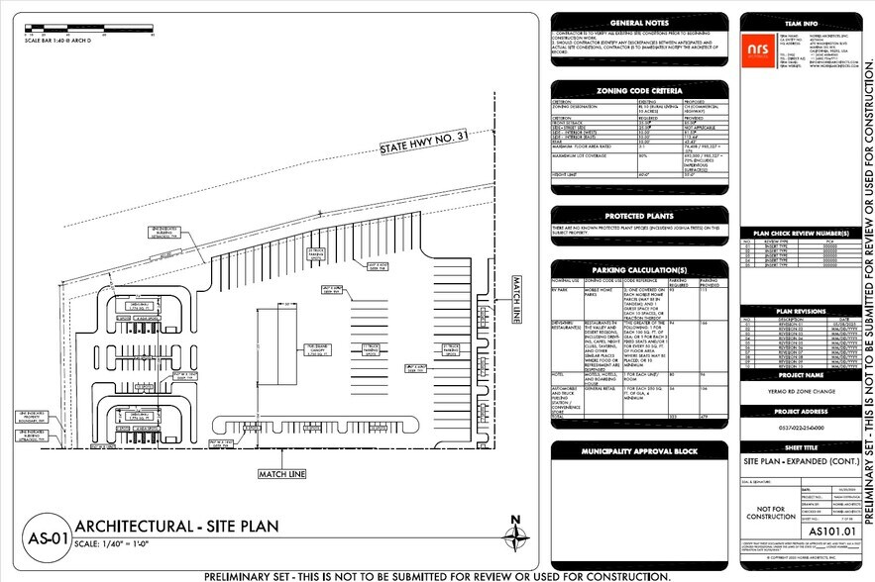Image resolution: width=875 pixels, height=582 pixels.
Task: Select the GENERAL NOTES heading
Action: click(640, 21)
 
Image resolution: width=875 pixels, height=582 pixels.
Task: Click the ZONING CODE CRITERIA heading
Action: click(640, 90)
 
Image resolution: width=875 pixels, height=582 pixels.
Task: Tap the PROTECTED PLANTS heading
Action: click(640, 217)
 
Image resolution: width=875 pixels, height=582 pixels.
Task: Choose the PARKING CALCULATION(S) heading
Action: click(640, 269)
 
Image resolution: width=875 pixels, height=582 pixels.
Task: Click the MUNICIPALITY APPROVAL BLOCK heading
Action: click(640, 451)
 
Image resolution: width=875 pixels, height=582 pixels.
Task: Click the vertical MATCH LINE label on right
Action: click(517, 300)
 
